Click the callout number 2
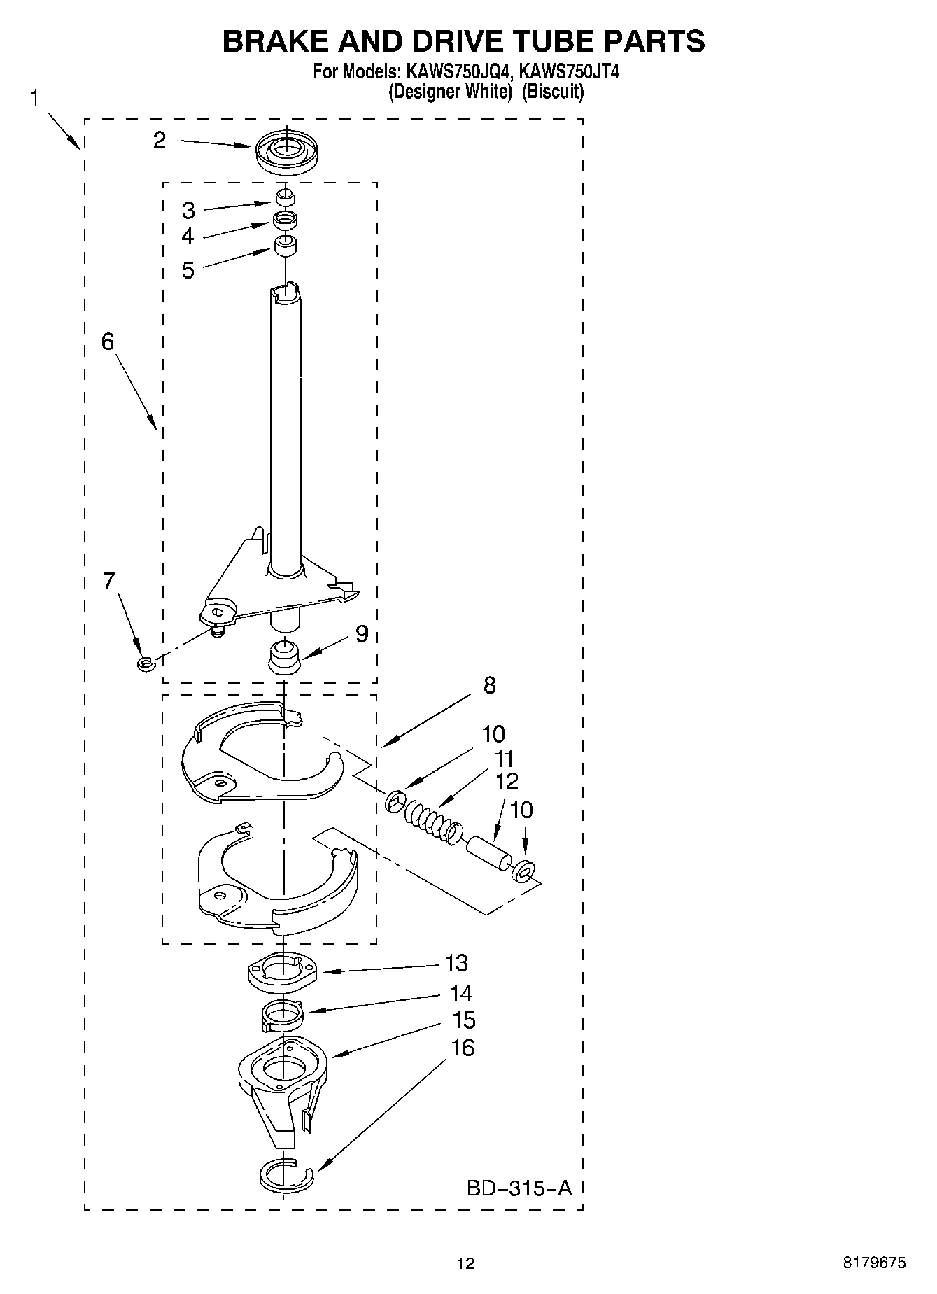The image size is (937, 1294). [160, 140]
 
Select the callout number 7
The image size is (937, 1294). [109, 581]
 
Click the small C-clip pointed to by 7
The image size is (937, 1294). [145, 663]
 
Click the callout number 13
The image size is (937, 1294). [456, 963]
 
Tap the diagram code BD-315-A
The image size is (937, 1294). [519, 1188]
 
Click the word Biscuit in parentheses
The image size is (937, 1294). [552, 91]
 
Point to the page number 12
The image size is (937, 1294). [465, 1263]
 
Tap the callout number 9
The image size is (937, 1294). [361, 633]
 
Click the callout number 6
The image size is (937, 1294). [107, 342]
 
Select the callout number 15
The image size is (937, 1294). [463, 1020]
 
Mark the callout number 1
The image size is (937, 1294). [34, 98]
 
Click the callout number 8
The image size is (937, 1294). [489, 684]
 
